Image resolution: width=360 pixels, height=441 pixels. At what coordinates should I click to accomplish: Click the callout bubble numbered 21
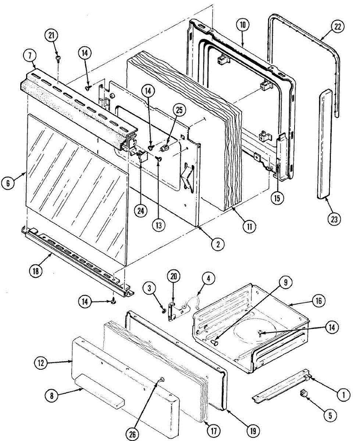click(x=51, y=36)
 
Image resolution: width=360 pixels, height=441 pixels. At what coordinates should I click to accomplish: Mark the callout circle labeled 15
click(x=277, y=198)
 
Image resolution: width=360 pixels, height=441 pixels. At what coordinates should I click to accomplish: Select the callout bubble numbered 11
click(x=249, y=226)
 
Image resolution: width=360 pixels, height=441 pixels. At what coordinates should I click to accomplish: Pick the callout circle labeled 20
click(x=174, y=276)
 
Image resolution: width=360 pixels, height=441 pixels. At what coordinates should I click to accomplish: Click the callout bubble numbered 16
click(x=318, y=301)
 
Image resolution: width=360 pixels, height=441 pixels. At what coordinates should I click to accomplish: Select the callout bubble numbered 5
click(x=330, y=416)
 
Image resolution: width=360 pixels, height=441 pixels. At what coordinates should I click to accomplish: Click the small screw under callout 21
click(x=58, y=58)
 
